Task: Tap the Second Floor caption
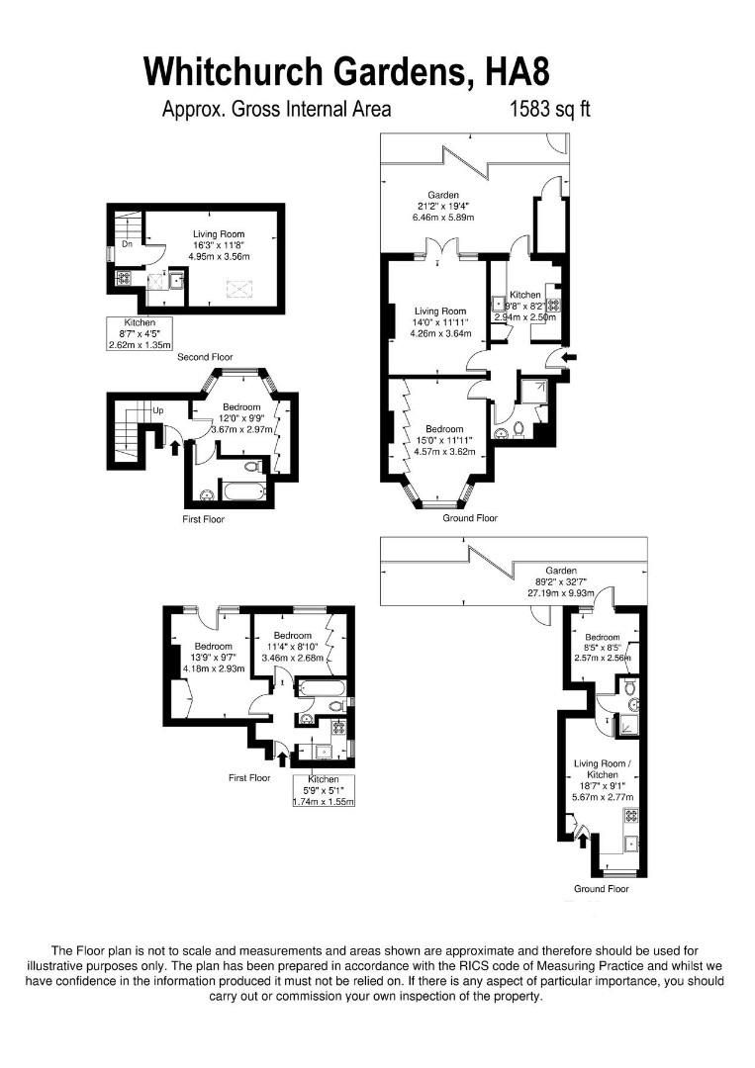(205, 355)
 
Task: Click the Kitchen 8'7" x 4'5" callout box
(140, 334)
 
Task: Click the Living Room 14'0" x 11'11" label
(440, 322)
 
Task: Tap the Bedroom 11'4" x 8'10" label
(293, 647)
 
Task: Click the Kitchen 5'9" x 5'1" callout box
(323, 790)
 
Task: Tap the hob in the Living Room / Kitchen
(630, 817)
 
